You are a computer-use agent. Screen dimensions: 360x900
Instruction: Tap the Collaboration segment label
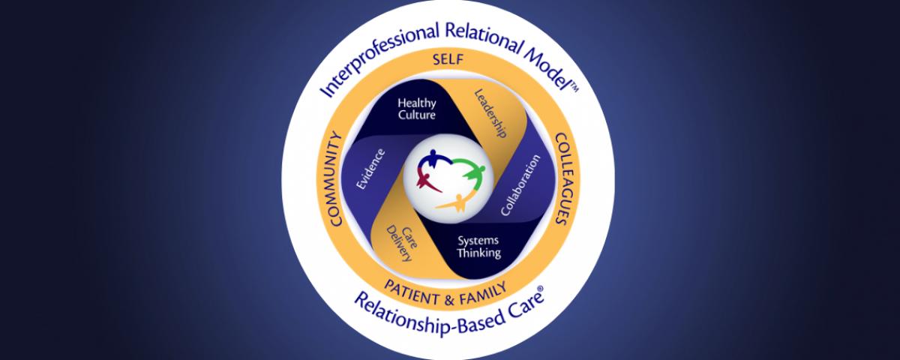pos(520,186)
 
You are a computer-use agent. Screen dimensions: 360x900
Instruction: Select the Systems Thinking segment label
pos(478,247)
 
